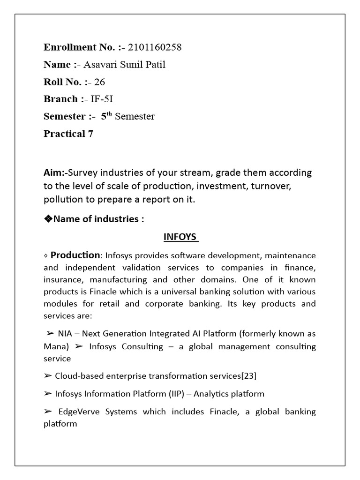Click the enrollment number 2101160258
154,47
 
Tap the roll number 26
99,82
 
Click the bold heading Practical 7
68,134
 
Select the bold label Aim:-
56,172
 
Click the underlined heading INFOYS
180,237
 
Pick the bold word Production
75,255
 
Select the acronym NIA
65,334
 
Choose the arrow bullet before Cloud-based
47,376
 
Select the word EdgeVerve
78,412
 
